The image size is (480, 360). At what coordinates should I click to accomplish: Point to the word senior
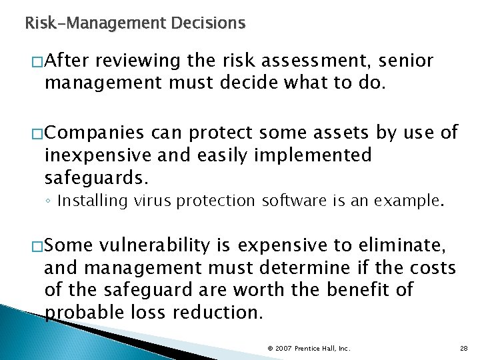[x=408, y=62]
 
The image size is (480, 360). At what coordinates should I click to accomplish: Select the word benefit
[x=369, y=291]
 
